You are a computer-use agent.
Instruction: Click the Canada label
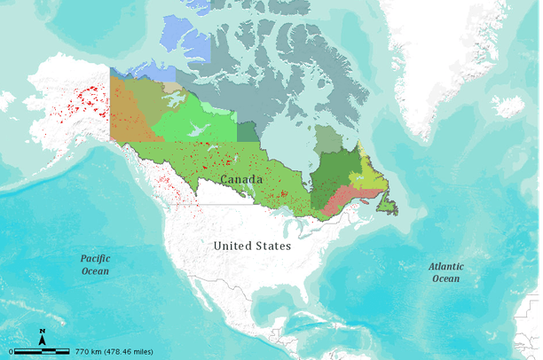[242, 179]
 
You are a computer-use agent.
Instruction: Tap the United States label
[252, 246]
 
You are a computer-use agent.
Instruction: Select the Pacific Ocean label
[96, 264]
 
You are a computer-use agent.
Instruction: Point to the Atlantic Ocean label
[445, 272]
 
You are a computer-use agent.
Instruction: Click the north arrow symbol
[42, 337]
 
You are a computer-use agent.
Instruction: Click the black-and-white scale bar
[43, 352]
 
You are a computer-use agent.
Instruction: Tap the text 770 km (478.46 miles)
[118, 352]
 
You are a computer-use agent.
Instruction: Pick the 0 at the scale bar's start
[12, 352]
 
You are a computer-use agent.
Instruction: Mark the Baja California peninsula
[189, 306]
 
